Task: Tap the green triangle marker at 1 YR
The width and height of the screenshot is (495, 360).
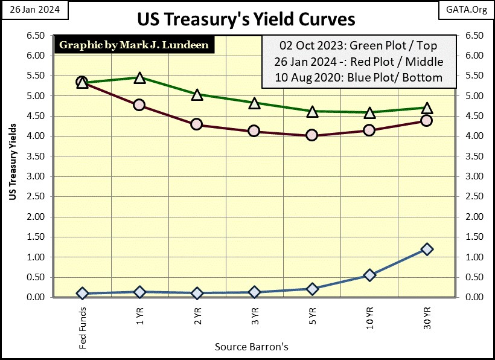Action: (139, 78)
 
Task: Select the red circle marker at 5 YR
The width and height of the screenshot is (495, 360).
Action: (311, 135)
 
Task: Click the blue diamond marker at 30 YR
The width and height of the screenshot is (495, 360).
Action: (427, 249)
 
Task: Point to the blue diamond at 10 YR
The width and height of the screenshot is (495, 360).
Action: (369, 275)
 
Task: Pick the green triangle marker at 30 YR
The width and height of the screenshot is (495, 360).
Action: (427, 108)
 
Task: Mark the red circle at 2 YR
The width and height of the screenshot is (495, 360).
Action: (196, 124)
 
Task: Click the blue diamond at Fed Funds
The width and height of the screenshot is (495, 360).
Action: (82, 293)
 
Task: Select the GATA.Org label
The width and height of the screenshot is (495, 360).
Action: (466, 10)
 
